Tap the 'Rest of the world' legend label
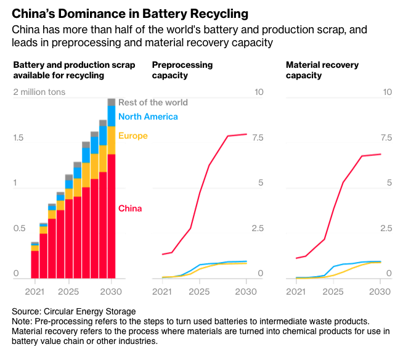153,102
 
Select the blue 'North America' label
148,117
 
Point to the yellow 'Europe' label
133,136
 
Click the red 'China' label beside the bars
131,208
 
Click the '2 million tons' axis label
39,92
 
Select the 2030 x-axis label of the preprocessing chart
246,291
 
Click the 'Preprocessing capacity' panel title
182,70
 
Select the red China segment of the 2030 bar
112,216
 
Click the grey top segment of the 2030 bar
112,102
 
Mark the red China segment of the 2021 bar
35,264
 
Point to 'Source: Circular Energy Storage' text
74,311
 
